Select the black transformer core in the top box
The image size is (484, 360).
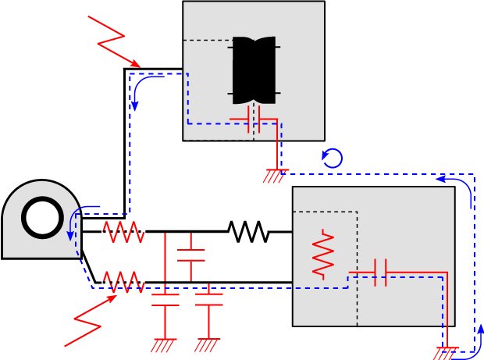tap(254, 70)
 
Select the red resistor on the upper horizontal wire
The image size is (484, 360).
tap(123, 232)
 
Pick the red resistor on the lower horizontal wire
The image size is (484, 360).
tap(123, 281)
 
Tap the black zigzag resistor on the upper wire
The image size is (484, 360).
tap(249, 232)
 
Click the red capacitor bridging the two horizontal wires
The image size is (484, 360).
tap(190, 255)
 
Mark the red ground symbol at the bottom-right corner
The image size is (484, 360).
tap(447, 353)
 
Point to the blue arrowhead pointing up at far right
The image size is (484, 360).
tap(480, 330)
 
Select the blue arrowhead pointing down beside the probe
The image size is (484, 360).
tap(70, 235)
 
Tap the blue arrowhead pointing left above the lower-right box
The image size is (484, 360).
tap(442, 180)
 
